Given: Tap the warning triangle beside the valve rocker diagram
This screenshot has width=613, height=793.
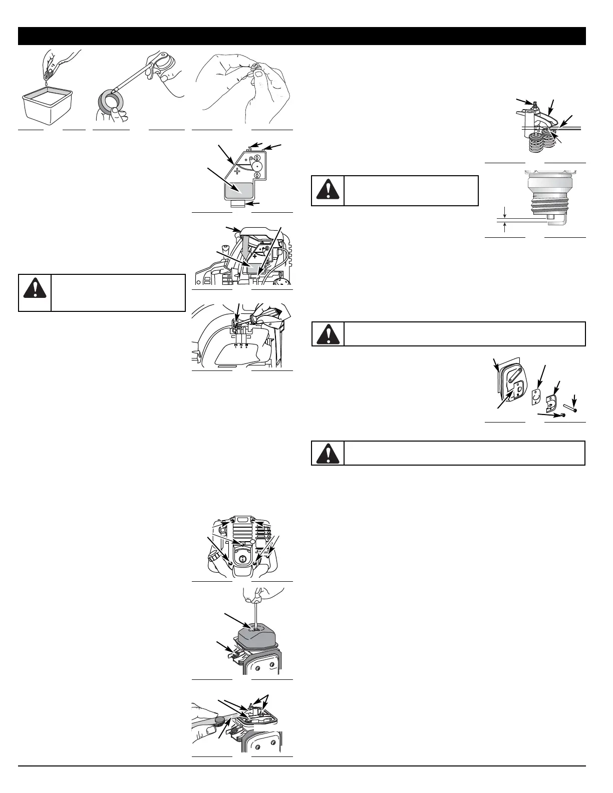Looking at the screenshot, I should pos(328,191).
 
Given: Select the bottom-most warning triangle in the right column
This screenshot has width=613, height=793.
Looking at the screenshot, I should pos(328,453).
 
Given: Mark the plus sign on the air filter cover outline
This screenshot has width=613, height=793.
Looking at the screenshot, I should pos(237,171).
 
